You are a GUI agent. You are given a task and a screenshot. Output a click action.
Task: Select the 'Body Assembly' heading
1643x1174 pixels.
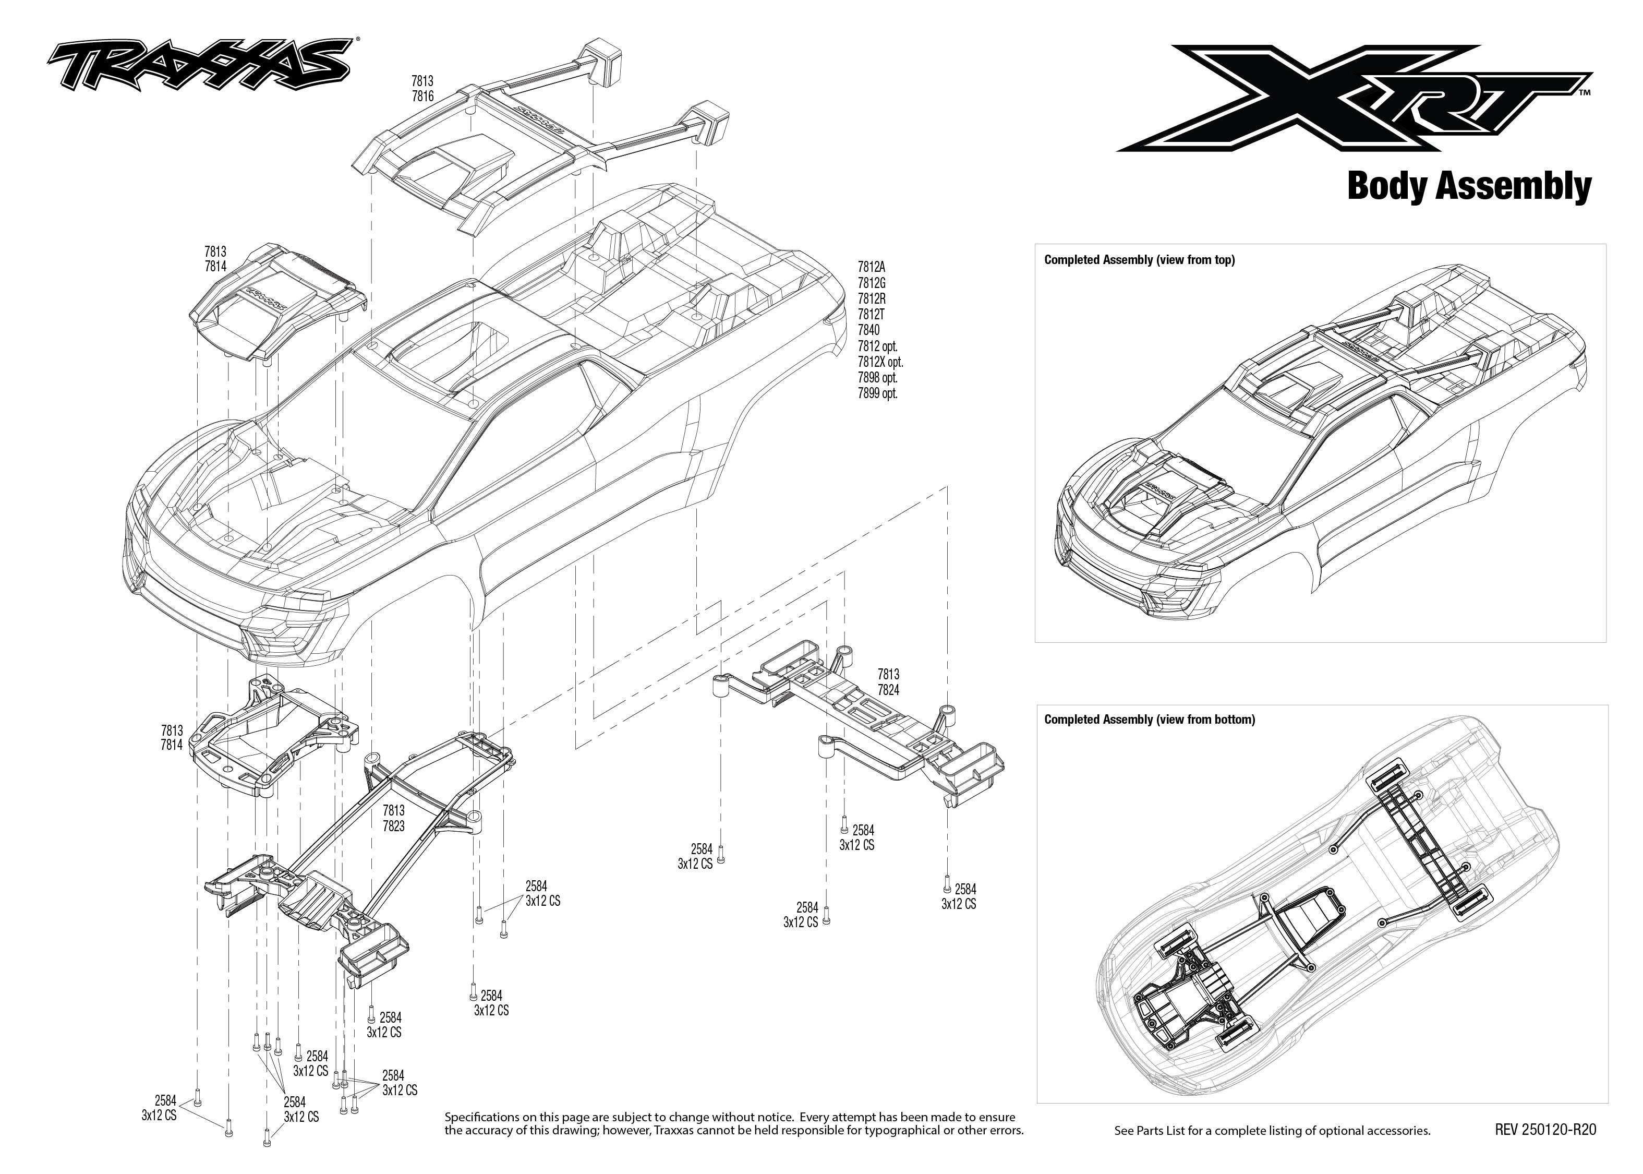coord(1468,186)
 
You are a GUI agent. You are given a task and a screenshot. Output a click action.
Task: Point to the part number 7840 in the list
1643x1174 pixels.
coord(868,330)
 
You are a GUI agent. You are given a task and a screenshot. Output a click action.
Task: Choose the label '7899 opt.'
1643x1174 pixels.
coord(877,394)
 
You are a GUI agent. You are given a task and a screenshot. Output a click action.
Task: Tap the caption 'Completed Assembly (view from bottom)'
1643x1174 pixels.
coord(1149,720)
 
